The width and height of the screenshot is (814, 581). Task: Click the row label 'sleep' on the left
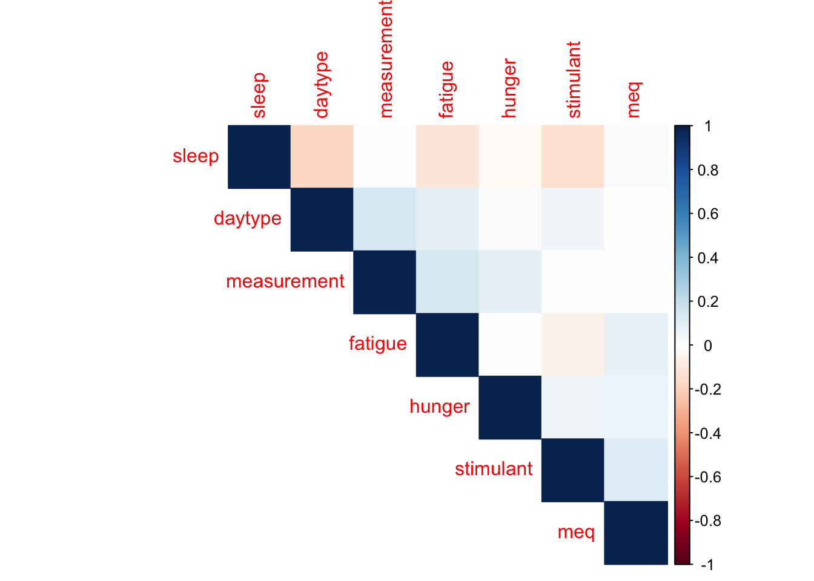pyautogui.click(x=196, y=157)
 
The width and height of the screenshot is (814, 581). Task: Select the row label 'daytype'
pyautogui.click(x=248, y=219)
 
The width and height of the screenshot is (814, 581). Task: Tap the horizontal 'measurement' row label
pyautogui.click(x=285, y=281)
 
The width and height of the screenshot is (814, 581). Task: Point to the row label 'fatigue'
pyautogui.click(x=377, y=344)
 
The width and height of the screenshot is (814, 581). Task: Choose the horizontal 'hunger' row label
pyautogui.click(x=439, y=407)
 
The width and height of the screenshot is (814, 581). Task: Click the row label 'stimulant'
pyautogui.click(x=494, y=469)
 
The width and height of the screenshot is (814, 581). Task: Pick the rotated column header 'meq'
pyautogui.click(x=635, y=100)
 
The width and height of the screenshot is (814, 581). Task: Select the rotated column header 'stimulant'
pyautogui.click(x=574, y=79)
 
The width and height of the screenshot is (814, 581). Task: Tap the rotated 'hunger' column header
pyautogui.click(x=510, y=88)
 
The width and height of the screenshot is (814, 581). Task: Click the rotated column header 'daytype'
pyautogui.click(x=322, y=85)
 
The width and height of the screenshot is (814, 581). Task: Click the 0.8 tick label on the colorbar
pyautogui.click(x=708, y=170)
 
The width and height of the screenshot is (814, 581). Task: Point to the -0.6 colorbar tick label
pyautogui.click(x=707, y=478)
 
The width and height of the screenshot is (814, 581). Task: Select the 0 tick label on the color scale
pyautogui.click(x=708, y=346)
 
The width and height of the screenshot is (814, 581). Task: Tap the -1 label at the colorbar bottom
pyautogui.click(x=707, y=565)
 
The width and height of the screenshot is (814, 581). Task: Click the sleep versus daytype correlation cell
pyautogui.click(x=322, y=157)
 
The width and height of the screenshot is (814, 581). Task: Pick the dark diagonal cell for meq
pyautogui.click(x=636, y=533)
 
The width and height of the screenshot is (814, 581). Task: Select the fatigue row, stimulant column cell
pyautogui.click(x=573, y=344)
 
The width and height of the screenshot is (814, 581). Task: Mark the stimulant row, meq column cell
pyautogui.click(x=636, y=470)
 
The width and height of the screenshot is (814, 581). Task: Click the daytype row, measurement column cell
pyautogui.click(x=385, y=219)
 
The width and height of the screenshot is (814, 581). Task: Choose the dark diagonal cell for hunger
pyautogui.click(x=510, y=407)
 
